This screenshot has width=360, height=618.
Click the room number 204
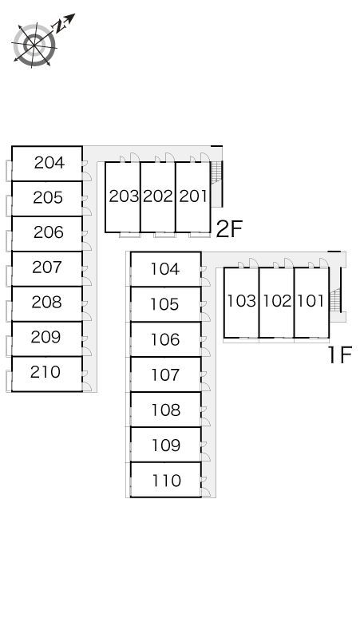(49, 162)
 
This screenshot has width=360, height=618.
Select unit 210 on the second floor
(45, 371)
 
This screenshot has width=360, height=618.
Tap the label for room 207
(47, 267)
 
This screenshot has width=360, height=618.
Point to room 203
(124, 196)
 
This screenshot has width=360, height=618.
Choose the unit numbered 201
(193, 196)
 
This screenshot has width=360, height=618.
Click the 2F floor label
(229, 229)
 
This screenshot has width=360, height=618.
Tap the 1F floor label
(339, 355)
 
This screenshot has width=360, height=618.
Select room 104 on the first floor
(165, 269)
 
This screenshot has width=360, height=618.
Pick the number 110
(167, 481)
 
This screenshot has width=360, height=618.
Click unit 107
(166, 374)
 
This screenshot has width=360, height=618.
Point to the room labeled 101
(311, 301)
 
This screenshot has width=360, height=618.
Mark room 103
(241, 301)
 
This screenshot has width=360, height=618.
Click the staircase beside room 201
(216, 172)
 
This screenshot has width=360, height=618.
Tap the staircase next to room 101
(335, 299)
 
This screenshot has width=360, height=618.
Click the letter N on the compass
(59, 26)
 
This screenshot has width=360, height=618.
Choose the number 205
(48, 197)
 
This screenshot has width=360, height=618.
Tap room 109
(166, 446)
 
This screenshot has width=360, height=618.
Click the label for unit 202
(158, 196)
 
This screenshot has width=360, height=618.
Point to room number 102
(277, 301)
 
